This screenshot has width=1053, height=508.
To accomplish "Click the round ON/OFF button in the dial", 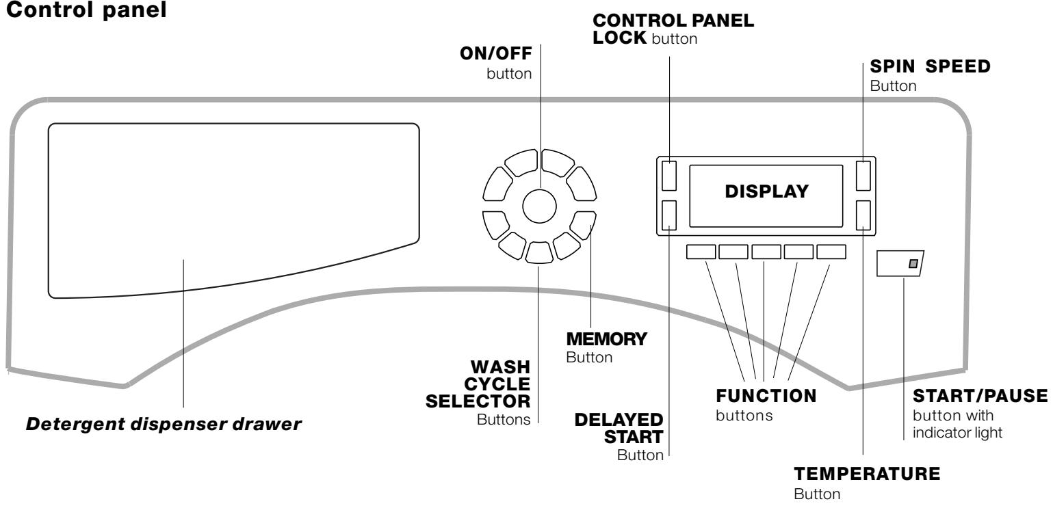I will tap(539, 206).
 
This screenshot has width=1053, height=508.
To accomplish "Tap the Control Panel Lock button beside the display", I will tap(669, 175).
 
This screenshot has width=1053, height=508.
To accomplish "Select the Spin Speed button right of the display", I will tap(863, 175).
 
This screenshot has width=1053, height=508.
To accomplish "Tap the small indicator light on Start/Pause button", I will tap(911, 263).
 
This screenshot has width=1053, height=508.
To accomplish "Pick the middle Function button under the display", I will tap(766, 252).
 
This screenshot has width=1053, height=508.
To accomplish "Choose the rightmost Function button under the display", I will tap(831, 252).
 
